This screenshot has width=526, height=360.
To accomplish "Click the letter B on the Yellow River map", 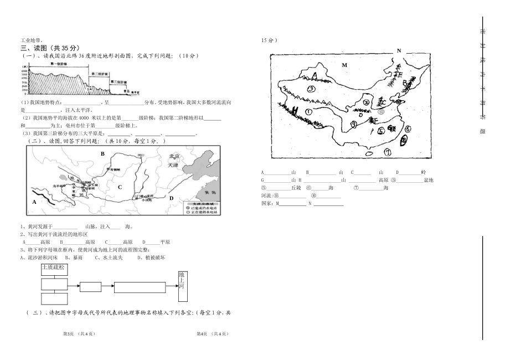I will pyautogui.click(x=102, y=153).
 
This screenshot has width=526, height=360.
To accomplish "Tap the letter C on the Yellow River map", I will pyautogui.click(x=119, y=187).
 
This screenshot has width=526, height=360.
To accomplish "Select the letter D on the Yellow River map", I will pyautogui.click(x=171, y=198).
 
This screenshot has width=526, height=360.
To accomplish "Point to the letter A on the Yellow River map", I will pyautogui.click(x=34, y=202).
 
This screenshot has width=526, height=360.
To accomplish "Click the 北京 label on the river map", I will pyautogui.click(x=174, y=157).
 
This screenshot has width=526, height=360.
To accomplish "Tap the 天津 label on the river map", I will pyautogui.click(x=174, y=165).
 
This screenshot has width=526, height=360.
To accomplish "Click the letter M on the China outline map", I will pyautogui.click(x=344, y=65).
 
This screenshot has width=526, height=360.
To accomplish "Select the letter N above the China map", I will pyautogui.click(x=398, y=50).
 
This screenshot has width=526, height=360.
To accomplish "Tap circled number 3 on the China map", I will pyautogui.click(x=312, y=89).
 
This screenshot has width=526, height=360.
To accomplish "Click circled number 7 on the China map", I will pyautogui.click(x=388, y=151).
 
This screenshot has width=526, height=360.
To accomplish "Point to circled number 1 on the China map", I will pyautogui.click(x=308, y=111).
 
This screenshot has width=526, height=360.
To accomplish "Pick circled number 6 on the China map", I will pyautogui.click(x=406, y=129).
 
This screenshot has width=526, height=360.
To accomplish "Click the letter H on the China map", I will pyautogui.click(x=296, y=110).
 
